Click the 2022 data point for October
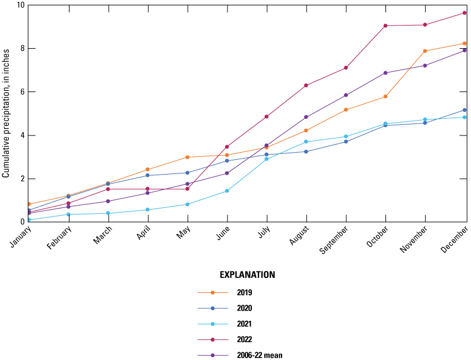click(385, 26)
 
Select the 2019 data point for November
click(425, 51)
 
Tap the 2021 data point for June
click(227, 191)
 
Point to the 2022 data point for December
click(464, 13)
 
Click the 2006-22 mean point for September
click(346, 95)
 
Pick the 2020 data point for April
click(148, 175)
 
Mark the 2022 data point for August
click(306, 86)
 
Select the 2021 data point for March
click(108, 213)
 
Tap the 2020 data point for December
click(464, 110)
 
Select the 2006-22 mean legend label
click(260, 355)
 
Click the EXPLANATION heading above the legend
click(247, 275)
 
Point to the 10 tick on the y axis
click(21, 5)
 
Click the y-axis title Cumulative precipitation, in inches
click(6, 113)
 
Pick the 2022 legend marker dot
click(213, 340)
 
